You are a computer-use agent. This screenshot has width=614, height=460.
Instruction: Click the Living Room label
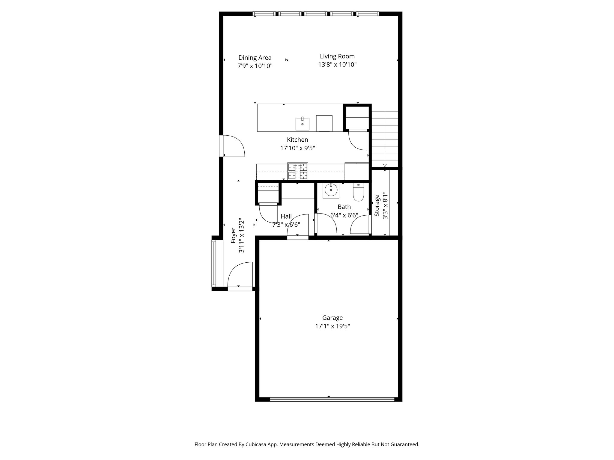point(337,56)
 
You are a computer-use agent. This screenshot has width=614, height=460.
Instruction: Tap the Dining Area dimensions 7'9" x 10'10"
point(255,66)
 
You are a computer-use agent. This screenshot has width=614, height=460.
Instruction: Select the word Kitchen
point(297,140)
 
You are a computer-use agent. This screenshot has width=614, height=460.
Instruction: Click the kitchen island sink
point(303,124)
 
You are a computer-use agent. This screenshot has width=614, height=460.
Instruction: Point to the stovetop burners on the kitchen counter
point(298,171)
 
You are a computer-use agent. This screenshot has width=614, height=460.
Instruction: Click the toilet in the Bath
point(358,192)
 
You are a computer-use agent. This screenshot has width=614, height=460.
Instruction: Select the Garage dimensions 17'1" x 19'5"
point(332,326)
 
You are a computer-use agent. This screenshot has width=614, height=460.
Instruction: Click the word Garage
point(332,318)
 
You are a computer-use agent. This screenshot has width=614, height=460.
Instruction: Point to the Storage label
point(377,205)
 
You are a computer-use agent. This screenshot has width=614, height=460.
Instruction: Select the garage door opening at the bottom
point(332,399)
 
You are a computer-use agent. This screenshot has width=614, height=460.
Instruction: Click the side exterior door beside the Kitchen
point(232,146)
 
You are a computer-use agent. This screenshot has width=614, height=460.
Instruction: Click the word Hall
point(286,216)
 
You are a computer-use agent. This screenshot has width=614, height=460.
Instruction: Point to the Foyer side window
point(214,264)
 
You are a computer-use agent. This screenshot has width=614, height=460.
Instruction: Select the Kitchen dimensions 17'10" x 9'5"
point(297,148)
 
